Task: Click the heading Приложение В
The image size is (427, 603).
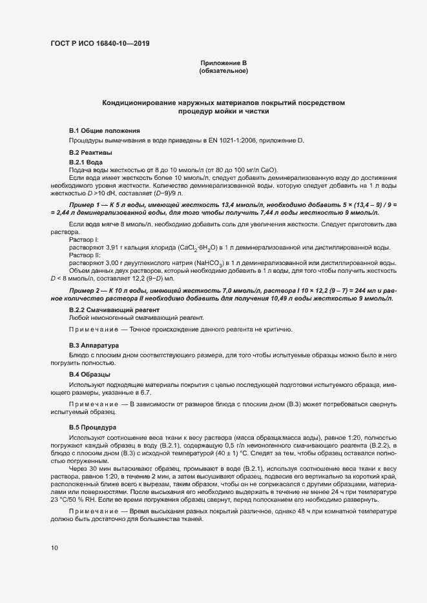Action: click(224, 63)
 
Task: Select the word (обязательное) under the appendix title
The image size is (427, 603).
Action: click(224, 71)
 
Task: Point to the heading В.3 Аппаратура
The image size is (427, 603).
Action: click(94, 346)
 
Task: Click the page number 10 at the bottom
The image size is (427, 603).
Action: click(54, 548)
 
